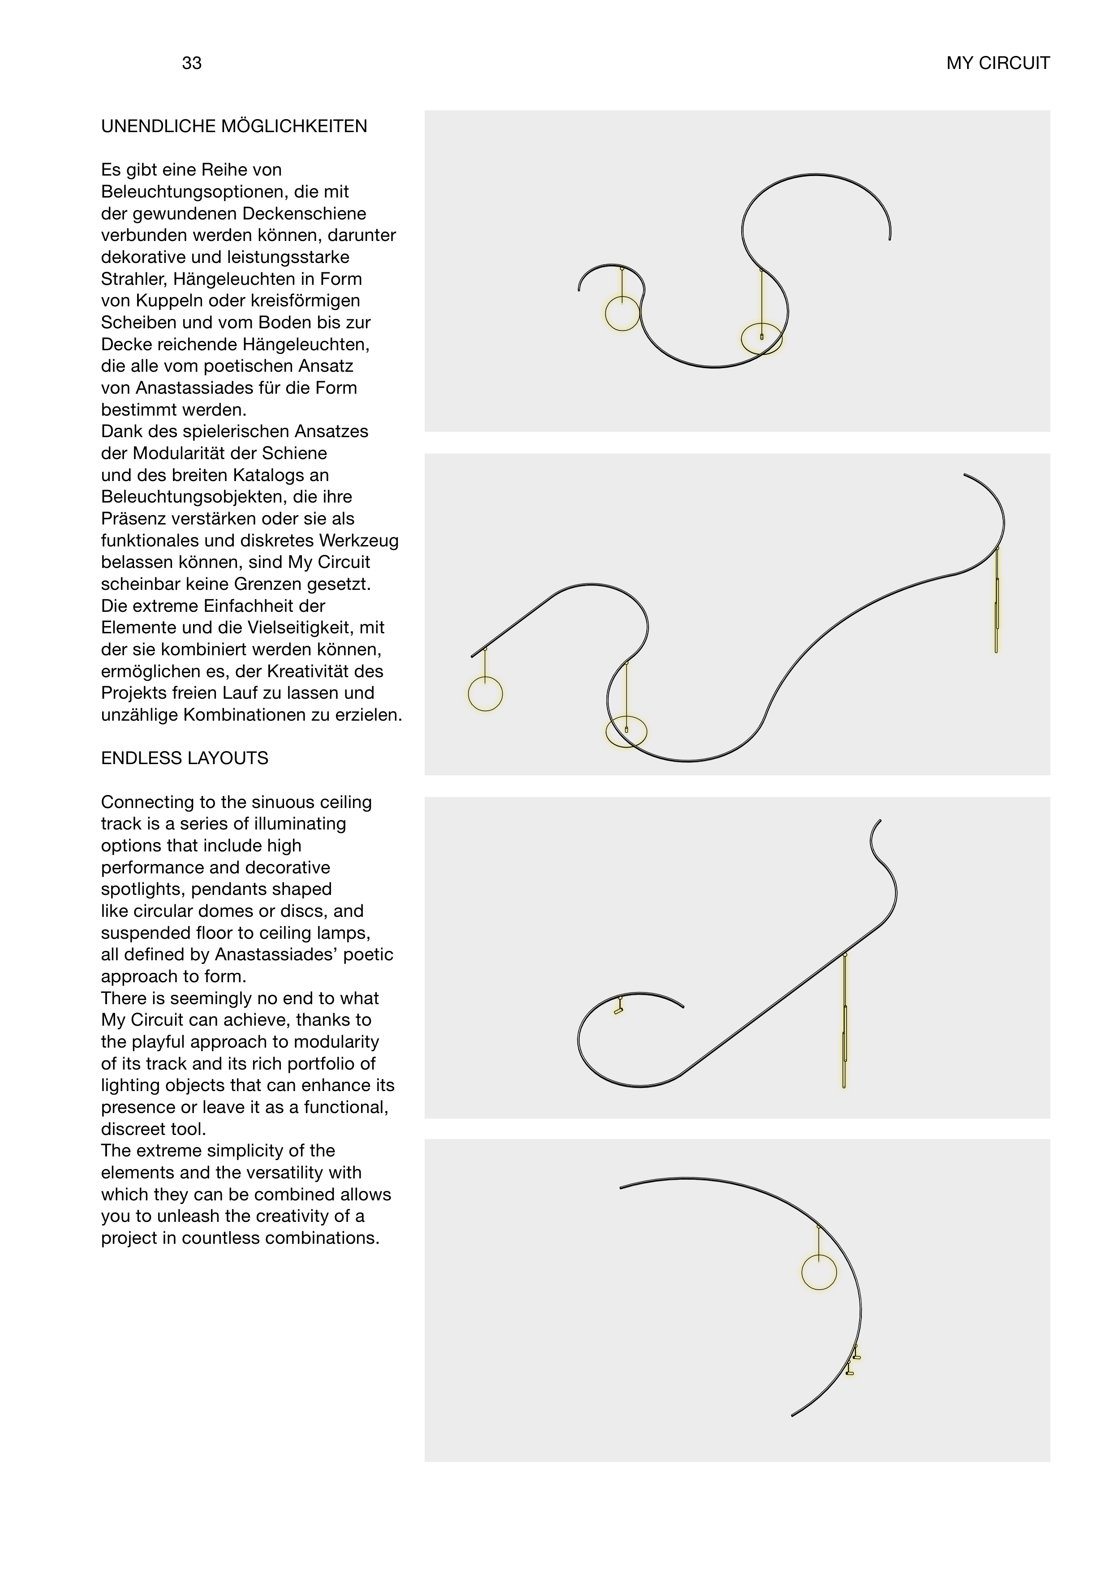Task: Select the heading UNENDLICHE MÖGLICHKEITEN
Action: coord(234,127)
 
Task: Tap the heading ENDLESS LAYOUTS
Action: coord(185,759)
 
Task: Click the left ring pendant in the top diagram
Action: coord(622,314)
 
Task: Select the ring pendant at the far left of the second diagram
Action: coord(486,694)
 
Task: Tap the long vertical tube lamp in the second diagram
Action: coord(996,602)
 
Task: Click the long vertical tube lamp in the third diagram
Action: coord(844,1026)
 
